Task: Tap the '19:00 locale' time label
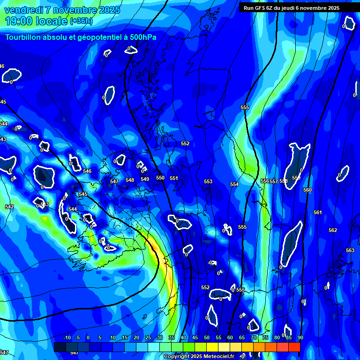click(x=37, y=21)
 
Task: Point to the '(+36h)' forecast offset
click(x=81, y=21)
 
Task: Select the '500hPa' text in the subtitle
click(x=142, y=37)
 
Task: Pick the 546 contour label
click(x=87, y=171)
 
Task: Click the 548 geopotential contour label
click(x=130, y=180)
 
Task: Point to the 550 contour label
click(x=160, y=178)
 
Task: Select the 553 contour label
click(x=208, y=181)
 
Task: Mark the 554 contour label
click(x=234, y=184)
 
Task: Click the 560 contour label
click(x=307, y=190)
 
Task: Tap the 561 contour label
click(x=318, y=212)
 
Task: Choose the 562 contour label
click(x=333, y=230)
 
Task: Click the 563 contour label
click(x=350, y=250)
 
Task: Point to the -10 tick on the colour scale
click(x=67, y=337)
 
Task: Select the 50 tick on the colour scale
click(x=207, y=337)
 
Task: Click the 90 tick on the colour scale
click(x=300, y=337)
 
